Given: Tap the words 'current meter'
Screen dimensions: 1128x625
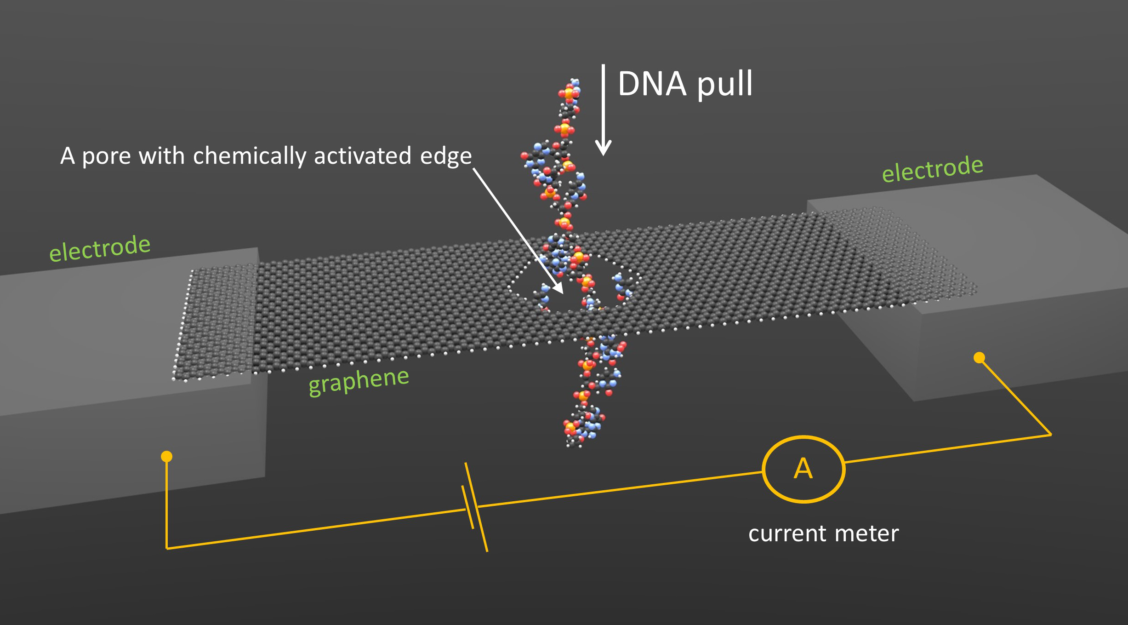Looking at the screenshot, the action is pyautogui.click(x=823, y=533).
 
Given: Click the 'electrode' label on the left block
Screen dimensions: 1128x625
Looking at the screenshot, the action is pyautogui.click(x=100, y=248).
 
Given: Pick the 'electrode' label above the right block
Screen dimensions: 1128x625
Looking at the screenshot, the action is pyautogui.click(x=933, y=168).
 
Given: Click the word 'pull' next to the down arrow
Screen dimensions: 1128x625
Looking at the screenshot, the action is pyautogui.click(x=725, y=85).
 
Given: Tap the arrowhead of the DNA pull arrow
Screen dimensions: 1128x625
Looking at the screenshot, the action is pyautogui.click(x=603, y=148).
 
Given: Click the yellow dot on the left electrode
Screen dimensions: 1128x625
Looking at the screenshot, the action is pyautogui.click(x=166, y=456).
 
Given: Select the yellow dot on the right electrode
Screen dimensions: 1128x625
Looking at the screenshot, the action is pyautogui.click(x=979, y=357).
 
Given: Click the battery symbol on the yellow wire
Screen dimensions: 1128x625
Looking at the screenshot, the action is pyautogui.click(x=475, y=507).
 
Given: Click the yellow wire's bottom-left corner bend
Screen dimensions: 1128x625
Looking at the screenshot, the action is pyautogui.click(x=166, y=548).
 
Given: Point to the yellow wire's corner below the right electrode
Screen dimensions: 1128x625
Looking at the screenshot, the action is pyautogui.click(x=1051, y=435).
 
